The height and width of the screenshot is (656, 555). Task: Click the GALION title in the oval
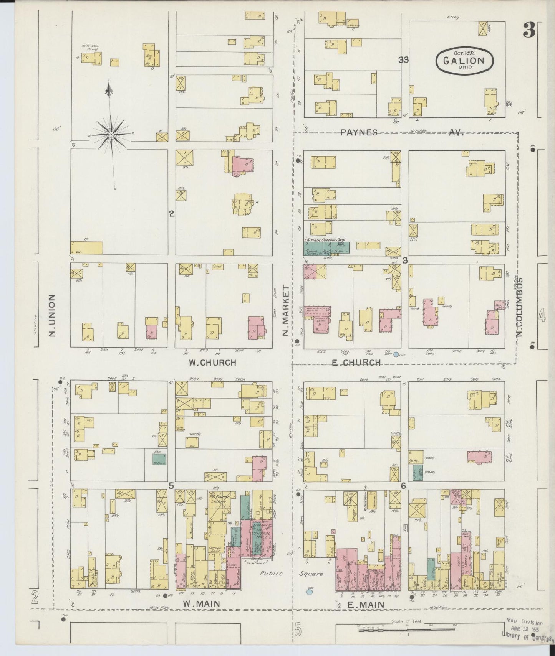[x=464, y=60]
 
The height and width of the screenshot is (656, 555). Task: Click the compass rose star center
[x=111, y=135]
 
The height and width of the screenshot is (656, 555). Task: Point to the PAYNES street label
[x=358, y=132]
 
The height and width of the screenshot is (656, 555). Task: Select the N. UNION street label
[x=53, y=315]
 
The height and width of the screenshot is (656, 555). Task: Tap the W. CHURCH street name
[x=212, y=363]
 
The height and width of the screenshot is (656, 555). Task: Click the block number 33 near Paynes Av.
[x=403, y=59]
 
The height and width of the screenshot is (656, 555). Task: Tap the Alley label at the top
[x=453, y=17]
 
